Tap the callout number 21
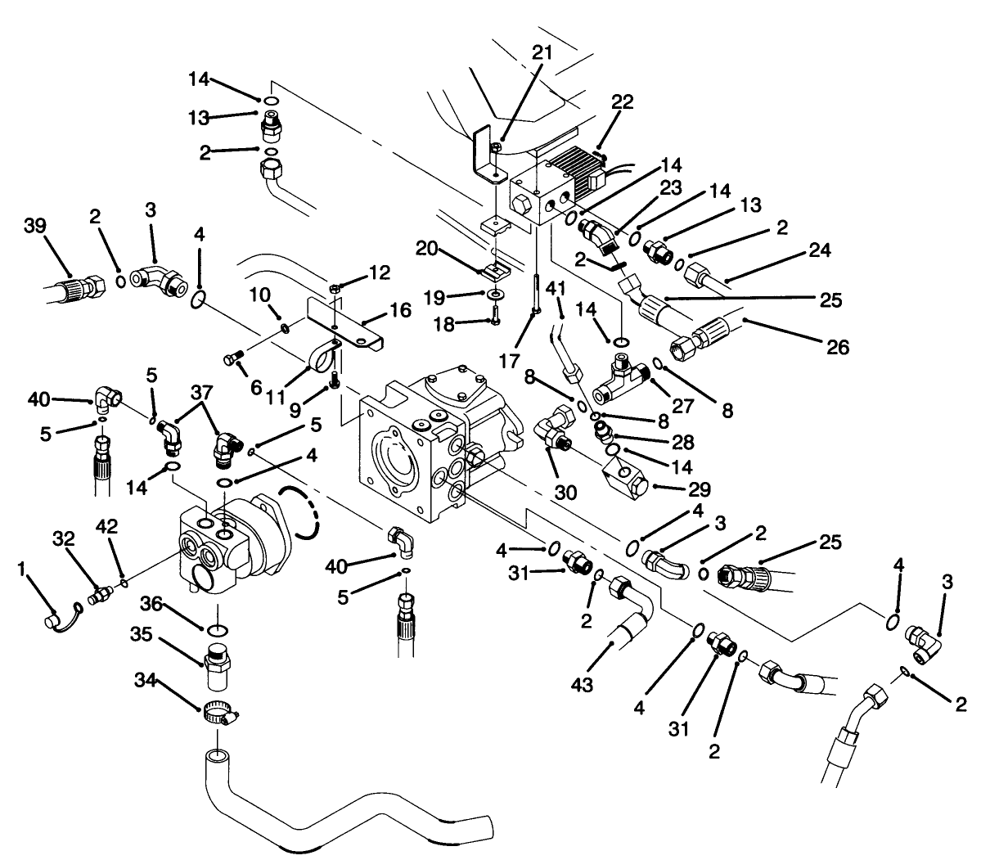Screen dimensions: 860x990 pyautogui.click(x=542, y=53)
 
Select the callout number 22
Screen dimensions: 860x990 pyautogui.click(x=623, y=101)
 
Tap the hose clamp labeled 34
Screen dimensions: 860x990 pyautogui.click(x=217, y=714)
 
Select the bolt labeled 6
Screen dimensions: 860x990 pyautogui.click(x=232, y=357)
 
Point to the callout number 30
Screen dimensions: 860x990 pyautogui.click(x=565, y=493)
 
